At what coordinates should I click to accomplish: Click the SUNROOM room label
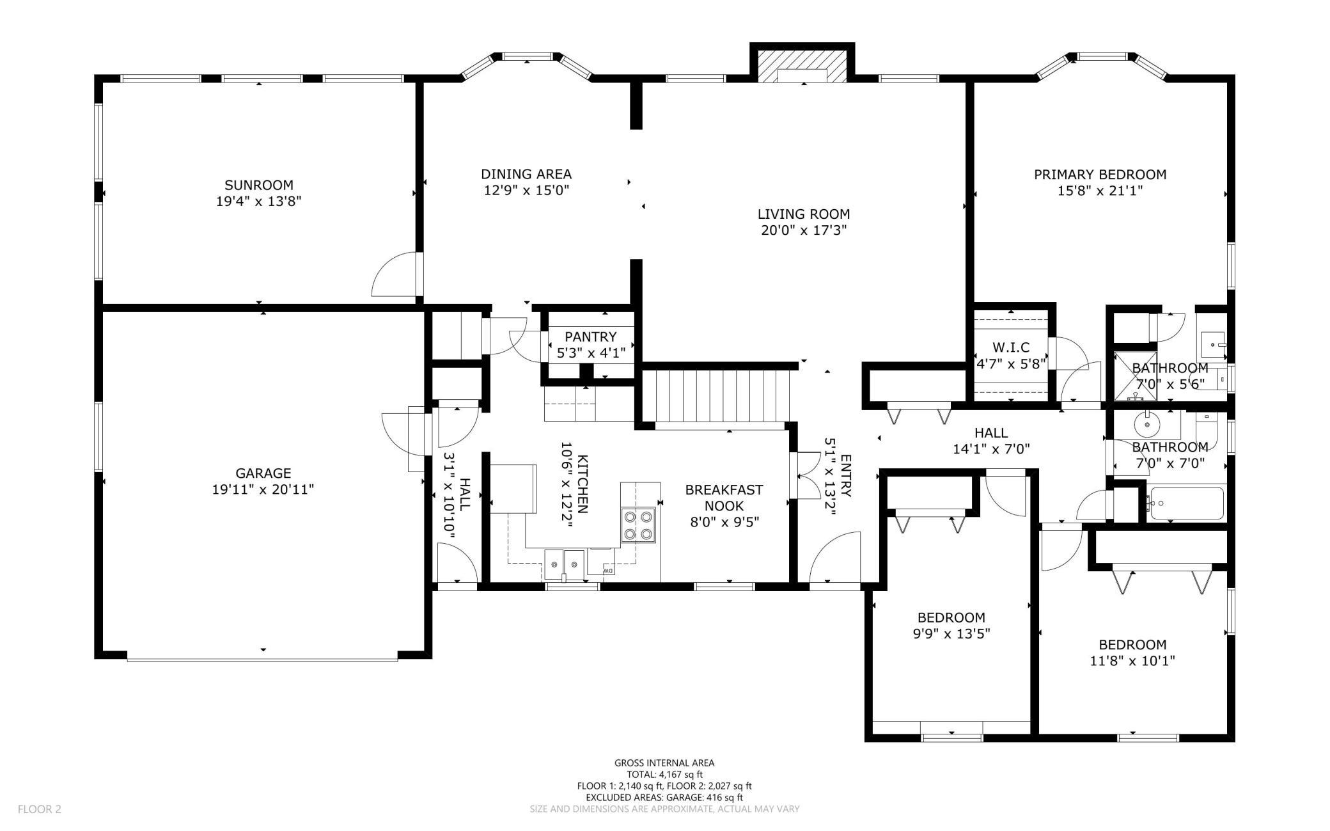tap(259, 186)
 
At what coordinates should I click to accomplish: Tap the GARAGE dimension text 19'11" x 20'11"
tap(263, 490)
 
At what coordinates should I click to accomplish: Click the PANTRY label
tap(590, 336)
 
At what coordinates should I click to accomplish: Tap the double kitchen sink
tap(565, 564)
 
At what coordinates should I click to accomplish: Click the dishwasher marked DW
tap(602, 563)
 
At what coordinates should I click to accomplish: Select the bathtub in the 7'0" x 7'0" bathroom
tap(1185, 503)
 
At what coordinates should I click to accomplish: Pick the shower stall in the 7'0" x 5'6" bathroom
tap(1136, 376)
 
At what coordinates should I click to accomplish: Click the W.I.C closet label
tap(1011, 347)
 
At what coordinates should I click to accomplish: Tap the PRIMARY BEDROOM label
tap(1100, 174)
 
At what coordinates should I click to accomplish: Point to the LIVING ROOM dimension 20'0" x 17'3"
tap(804, 230)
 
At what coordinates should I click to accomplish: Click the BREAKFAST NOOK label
tap(724, 498)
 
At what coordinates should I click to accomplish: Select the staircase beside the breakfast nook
tap(717, 397)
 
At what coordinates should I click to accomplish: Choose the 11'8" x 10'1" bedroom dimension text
tap(1132, 661)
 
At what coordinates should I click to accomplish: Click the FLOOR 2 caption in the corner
tap(39, 809)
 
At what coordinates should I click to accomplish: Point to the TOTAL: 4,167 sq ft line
tap(664, 774)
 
